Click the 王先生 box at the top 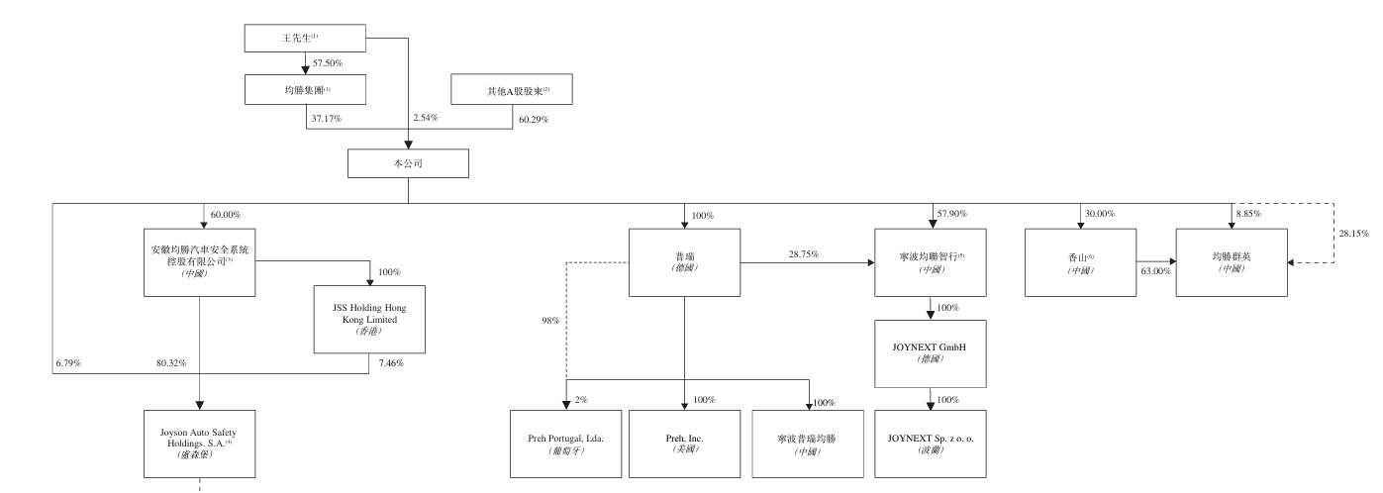coord(305,39)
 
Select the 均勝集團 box coord(305,90)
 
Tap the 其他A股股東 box coord(512,90)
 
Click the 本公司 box coord(408,162)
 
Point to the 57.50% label coord(328,63)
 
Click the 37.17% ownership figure coord(327,119)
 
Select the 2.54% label coord(425,119)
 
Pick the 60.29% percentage coord(534,119)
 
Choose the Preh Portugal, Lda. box coord(566,442)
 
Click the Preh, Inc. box coord(684,442)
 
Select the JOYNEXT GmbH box coord(931,353)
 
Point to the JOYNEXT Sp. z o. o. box coord(931,442)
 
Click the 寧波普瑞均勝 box coord(807,442)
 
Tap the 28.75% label coord(803,254)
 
